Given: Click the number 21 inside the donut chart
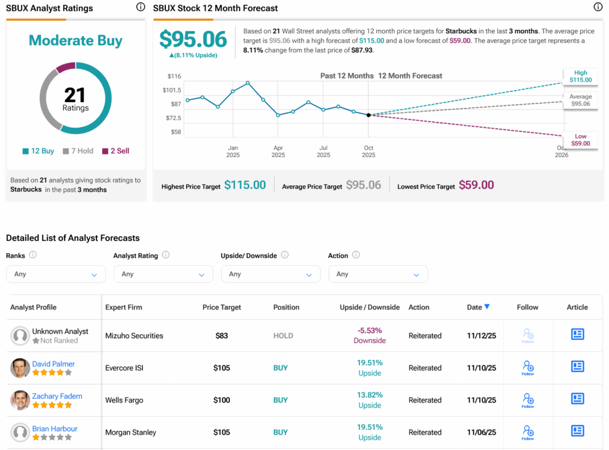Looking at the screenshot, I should tap(75, 95).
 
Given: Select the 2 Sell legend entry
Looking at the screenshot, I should tap(115, 151).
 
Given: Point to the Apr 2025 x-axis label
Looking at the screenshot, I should tap(278, 151).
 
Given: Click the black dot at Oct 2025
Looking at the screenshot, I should tap(369, 115).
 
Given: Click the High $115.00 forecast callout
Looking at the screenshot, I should tap(580, 76).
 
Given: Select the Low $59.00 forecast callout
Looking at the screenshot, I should tap(580, 140).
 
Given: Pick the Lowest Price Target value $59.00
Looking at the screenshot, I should tap(476, 185).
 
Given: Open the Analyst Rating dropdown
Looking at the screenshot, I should tap(163, 274).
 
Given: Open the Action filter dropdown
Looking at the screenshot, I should tap(378, 274).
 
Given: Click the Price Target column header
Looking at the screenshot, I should tap(222, 307).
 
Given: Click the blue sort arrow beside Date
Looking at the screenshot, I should tap(487, 307).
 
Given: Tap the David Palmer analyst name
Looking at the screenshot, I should tap(54, 364).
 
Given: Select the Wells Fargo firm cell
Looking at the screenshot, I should tap(124, 400).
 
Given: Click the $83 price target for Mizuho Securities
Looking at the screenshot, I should tap(222, 336).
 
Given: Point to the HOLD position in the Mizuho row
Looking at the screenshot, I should tap(283, 336).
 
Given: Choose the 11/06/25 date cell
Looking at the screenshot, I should tap(482, 432).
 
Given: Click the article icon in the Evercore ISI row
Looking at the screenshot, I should tap(577, 367).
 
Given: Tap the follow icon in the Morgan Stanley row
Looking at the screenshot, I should tap(528, 432).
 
